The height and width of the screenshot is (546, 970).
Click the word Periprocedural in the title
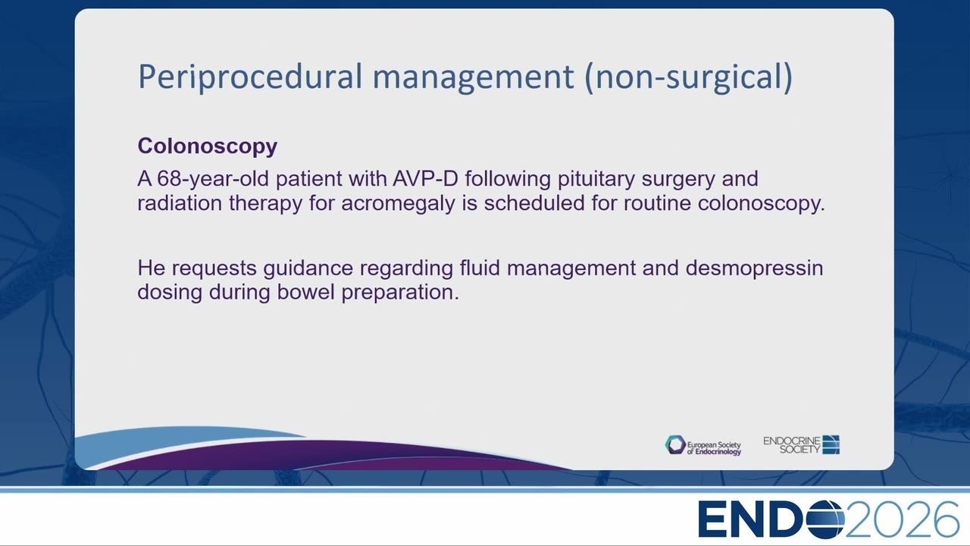click(250, 77)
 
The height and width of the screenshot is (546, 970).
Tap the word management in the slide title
click(474, 77)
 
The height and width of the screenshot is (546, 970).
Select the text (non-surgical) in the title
click(689, 77)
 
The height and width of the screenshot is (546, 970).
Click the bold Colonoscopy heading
click(208, 146)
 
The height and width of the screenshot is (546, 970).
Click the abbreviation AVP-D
click(425, 178)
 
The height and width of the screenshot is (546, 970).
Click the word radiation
click(180, 202)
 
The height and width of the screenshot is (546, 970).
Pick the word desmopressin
click(754, 268)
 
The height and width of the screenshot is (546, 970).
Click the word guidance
click(308, 268)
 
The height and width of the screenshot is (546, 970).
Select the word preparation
click(400, 293)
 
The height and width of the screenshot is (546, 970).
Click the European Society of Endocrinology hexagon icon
click(675, 445)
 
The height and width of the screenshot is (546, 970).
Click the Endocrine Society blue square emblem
click(831, 444)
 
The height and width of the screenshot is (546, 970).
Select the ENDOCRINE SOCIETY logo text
click(792, 445)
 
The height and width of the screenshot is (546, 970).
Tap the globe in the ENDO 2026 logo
click(824, 519)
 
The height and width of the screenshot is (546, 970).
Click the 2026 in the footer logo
click(903, 519)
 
